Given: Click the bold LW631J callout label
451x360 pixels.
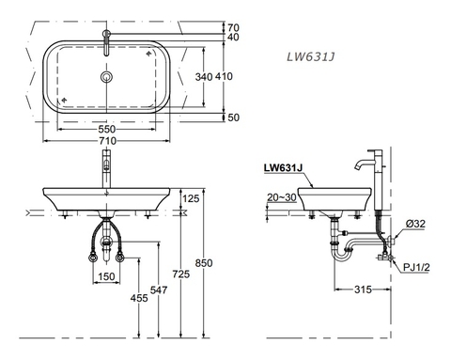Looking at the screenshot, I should click(284, 168).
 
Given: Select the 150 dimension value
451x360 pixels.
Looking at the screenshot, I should click(108, 277).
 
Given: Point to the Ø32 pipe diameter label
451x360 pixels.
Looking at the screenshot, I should click(415, 224).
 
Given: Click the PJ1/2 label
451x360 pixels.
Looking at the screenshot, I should click(418, 267).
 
